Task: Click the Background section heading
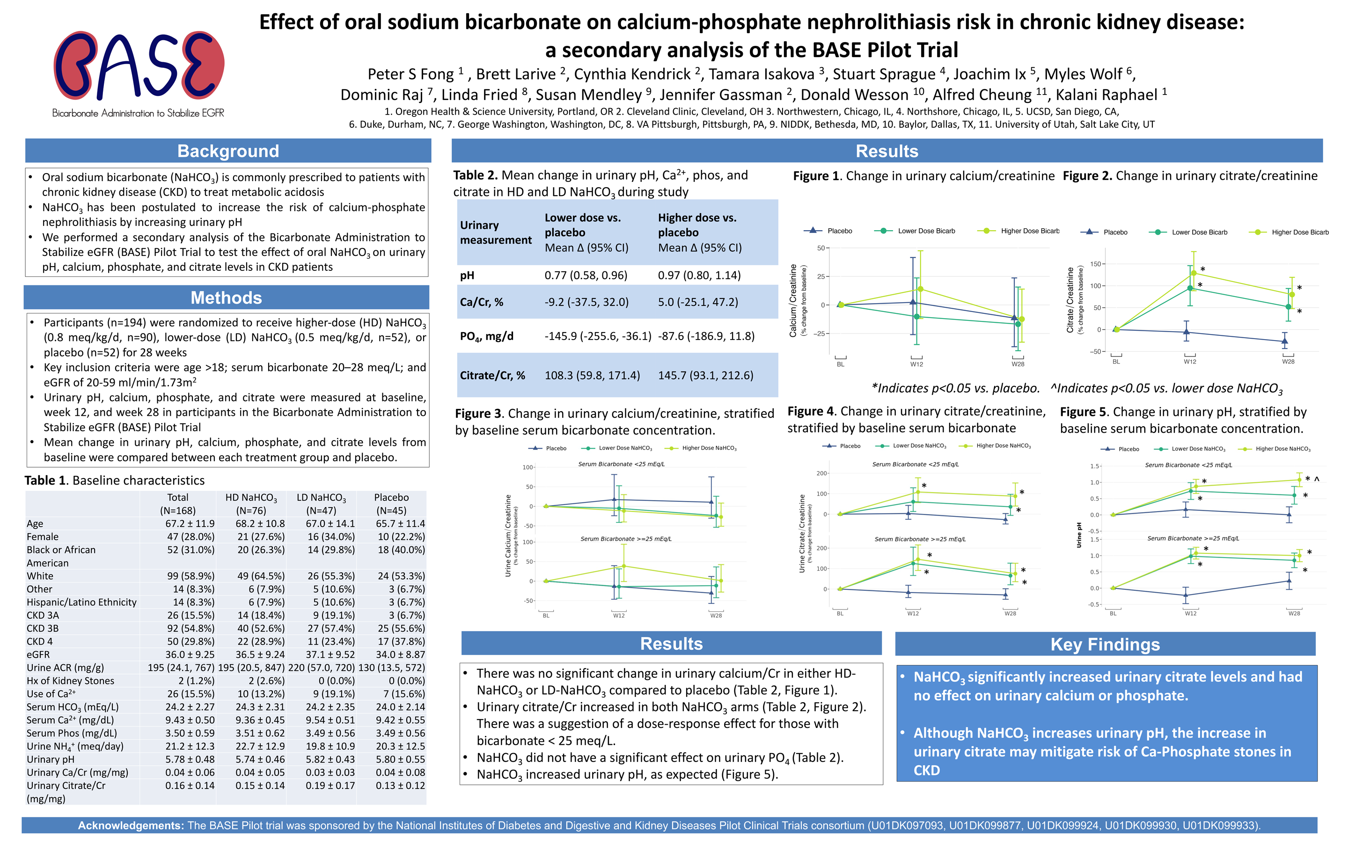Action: tap(228, 151)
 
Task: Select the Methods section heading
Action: tap(226, 298)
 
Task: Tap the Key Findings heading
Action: tap(1105, 644)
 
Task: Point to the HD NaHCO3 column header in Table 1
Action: tap(251, 498)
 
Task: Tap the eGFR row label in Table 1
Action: tap(38, 654)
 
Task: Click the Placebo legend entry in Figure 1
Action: tap(839, 231)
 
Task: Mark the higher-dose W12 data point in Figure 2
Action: tap(1194, 273)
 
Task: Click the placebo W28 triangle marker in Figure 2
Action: tap(1284, 341)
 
